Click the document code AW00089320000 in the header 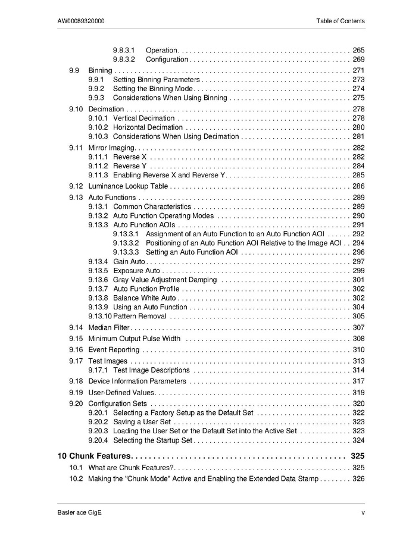click(82, 21)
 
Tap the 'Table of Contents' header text click(340, 21)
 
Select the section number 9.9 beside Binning click(74, 70)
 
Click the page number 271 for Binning click(358, 70)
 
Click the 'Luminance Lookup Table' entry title click(128, 186)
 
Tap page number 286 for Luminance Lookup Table click(358, 186)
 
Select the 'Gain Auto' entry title click(129, 261)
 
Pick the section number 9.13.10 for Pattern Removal click(100, 316)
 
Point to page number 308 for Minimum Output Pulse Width click(358, 339)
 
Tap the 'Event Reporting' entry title click(114, 350)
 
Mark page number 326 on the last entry click(358, 478)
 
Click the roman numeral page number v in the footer click(363, 513)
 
